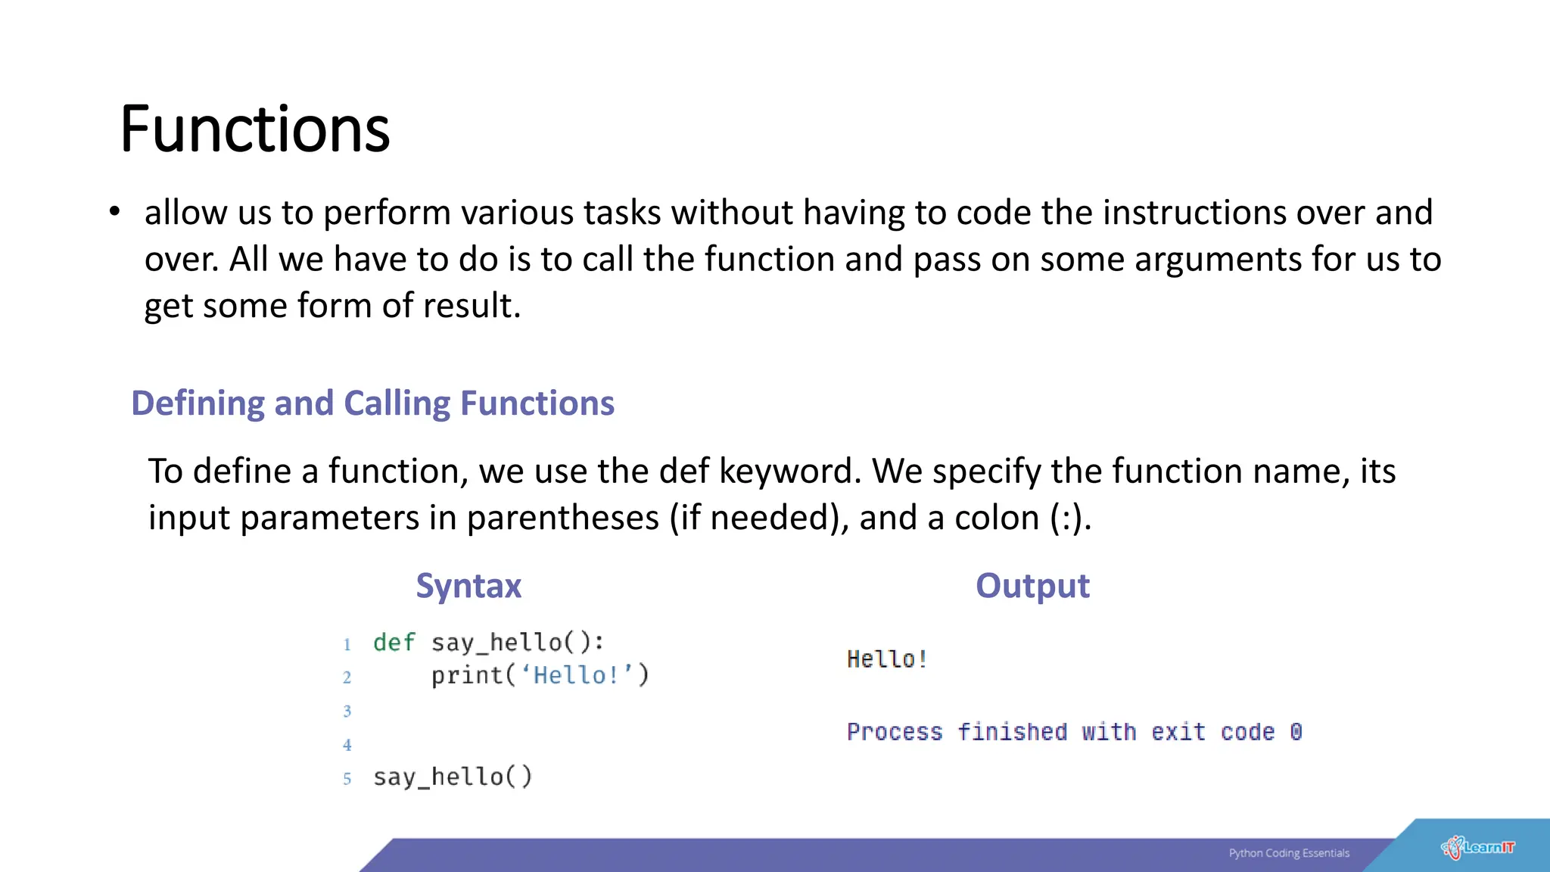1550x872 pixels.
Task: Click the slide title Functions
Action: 254,129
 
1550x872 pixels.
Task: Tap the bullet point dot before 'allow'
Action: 114,212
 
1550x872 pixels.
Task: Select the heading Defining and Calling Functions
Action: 372,403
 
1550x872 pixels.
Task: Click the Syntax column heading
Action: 468,586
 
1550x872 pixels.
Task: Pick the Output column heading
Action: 1032,586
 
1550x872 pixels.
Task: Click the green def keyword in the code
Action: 394,643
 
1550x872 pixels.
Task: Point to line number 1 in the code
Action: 347,645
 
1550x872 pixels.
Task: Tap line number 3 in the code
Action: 347,712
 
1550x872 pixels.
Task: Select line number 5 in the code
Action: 347,779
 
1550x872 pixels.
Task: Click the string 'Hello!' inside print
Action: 577,675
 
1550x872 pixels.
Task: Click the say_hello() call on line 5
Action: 453,777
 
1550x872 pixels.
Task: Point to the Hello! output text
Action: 887,659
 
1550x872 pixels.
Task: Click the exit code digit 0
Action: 1296,732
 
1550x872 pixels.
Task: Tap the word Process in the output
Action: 895,732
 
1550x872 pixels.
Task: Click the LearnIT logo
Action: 1478,848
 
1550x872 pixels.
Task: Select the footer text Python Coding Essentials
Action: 1289,853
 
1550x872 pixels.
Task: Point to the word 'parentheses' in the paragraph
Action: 562,519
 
